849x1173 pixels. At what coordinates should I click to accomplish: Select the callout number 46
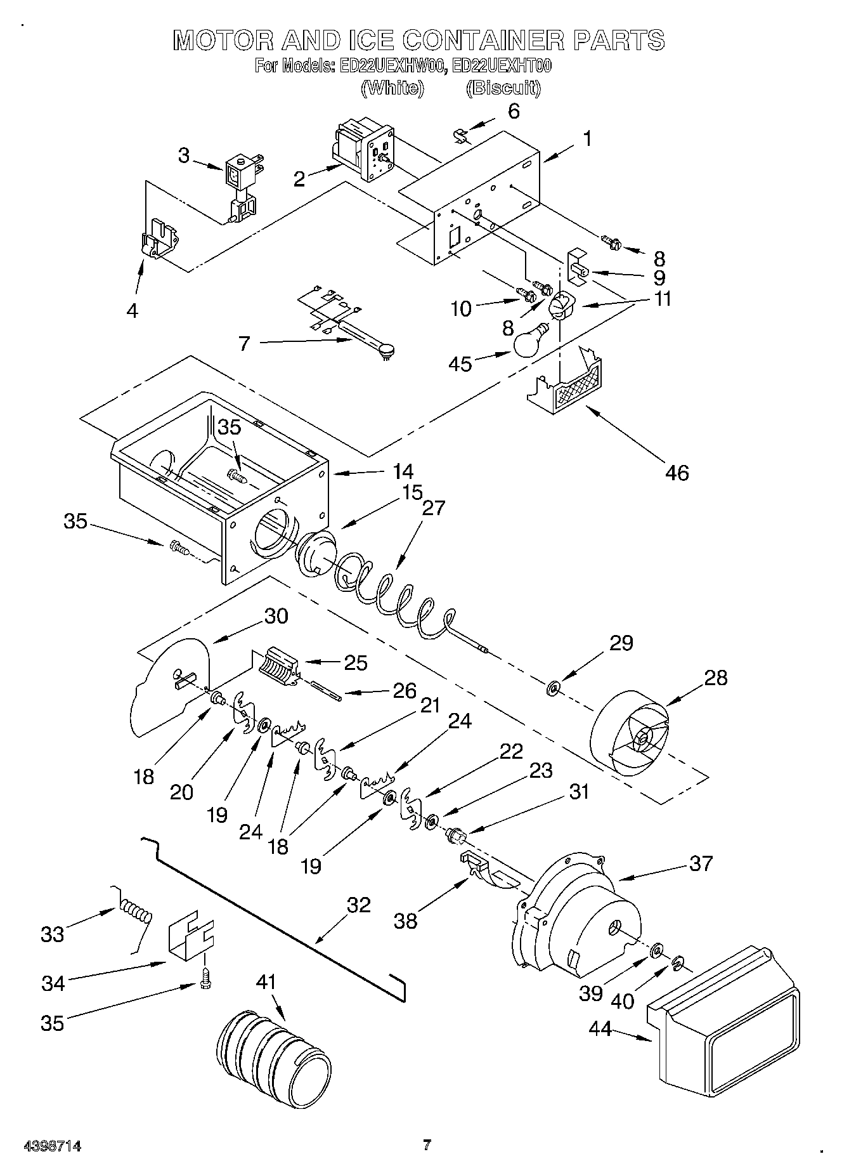coord(677,473)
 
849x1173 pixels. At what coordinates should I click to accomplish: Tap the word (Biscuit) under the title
coord(503,88)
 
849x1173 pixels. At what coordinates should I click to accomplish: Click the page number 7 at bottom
coord(427,1145)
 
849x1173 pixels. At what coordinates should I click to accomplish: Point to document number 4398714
coord(53,1146)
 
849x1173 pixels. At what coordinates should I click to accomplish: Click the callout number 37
coord(701,863)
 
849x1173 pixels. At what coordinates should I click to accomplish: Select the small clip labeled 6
coord(462,135)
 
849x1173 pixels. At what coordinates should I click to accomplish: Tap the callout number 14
coord(403,471)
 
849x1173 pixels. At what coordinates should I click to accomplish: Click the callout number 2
coord(299,179)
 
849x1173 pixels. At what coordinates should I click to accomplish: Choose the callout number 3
coord(183,155)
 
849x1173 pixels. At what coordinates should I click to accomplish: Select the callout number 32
coord(358,905)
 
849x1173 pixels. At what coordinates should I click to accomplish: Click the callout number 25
coord(356,663)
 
